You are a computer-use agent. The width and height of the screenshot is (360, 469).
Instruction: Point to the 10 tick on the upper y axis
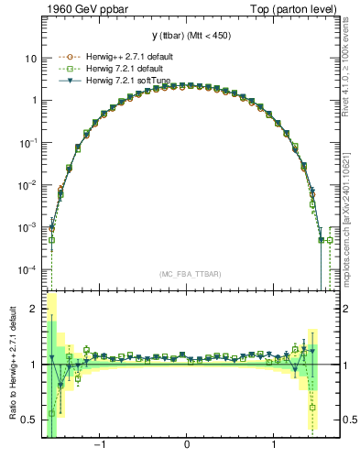(x=30, y=58)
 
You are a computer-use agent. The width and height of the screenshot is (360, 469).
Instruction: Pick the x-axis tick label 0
(x=187, y=445)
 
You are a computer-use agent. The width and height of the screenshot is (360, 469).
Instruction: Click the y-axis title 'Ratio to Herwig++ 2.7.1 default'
(x=10, y=365)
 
